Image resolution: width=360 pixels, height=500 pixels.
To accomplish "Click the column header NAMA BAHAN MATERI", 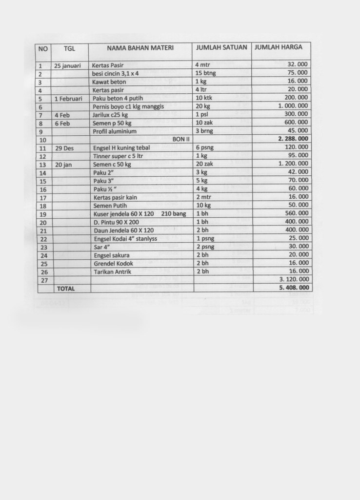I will [x=140, y=48].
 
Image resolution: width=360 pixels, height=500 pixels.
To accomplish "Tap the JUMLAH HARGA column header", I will [x=278, y=47].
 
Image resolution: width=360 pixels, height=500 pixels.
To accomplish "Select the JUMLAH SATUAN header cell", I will [x=221, y=47].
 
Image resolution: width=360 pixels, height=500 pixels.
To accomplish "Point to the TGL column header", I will [x=69, y=48].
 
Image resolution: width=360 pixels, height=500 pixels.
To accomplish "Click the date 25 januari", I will [x=68, y=65].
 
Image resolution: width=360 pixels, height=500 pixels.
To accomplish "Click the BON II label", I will [x=180, y=139].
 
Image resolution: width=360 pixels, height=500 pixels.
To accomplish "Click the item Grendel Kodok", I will [x=114, y=263].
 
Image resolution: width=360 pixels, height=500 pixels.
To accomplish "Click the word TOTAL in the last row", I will [x=66, y=289].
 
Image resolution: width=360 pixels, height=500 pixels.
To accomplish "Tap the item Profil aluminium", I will [x=115, y=131].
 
